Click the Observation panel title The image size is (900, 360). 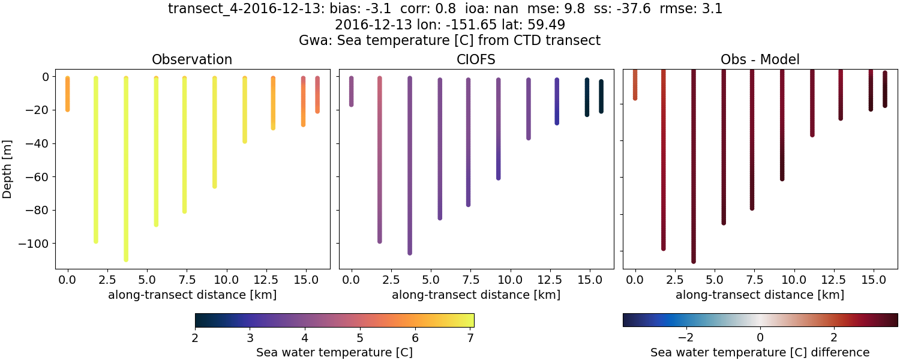pyautogui.click(x=192, y=59)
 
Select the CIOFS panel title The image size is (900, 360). pyautogui.click(x=476, y=59)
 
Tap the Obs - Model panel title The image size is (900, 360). pyautogui.click(x=760, y=59)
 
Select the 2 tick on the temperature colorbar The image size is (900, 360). pyautogui.click(x=196, y=338)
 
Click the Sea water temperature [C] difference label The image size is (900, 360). pyautogui.click(x=760, y=352)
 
